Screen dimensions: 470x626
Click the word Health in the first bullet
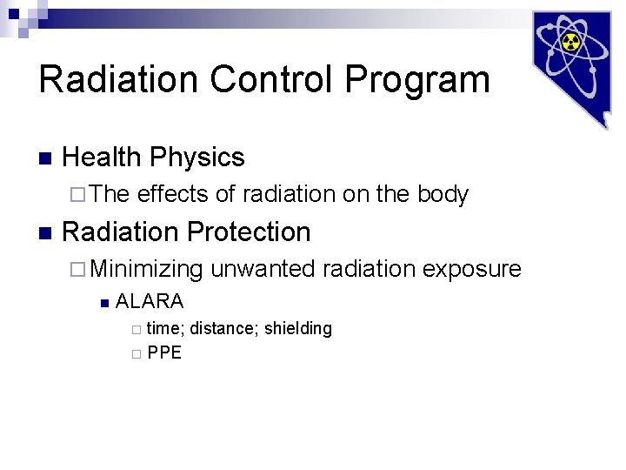102,158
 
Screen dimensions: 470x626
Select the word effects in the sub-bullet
172,194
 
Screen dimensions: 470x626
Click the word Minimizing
145,270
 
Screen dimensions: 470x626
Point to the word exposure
471,270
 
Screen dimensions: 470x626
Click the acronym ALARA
150,302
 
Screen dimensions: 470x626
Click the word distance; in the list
223,329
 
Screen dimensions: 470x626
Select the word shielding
298,329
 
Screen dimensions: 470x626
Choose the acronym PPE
164,352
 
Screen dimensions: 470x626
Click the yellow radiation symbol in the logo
571,43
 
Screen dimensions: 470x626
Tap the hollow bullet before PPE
135,353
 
